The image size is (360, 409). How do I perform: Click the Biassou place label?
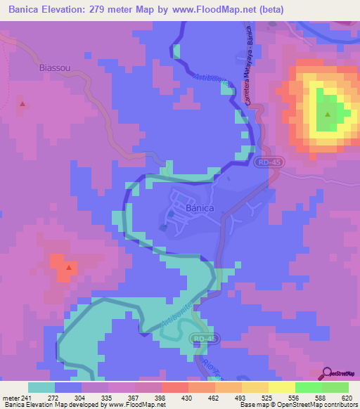53,69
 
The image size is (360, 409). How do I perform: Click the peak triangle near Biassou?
22,104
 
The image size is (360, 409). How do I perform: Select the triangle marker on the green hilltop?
327,114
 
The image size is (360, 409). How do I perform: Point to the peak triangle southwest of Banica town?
69,267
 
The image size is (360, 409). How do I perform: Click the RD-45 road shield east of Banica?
264,162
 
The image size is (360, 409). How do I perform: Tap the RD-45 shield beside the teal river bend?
200,338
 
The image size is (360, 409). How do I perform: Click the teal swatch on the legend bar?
41,387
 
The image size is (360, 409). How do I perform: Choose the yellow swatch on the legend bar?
281,387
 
